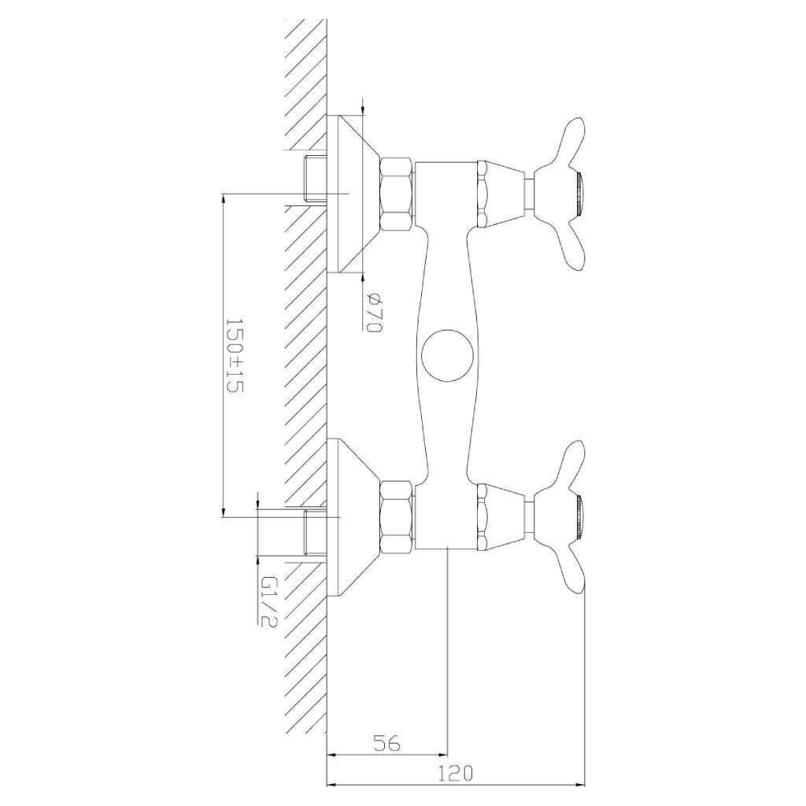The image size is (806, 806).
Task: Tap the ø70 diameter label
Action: click(x=374, y=312)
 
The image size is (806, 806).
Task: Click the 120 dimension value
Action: click(x=456, y=773)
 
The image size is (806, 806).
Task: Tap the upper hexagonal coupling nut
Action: click(x=397, y=194)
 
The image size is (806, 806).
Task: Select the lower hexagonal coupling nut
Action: click(x=397, y=518)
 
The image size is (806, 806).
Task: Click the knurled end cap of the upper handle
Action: click(x=580, y=194)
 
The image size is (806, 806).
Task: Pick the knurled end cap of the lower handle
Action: click(x=580, y=518)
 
